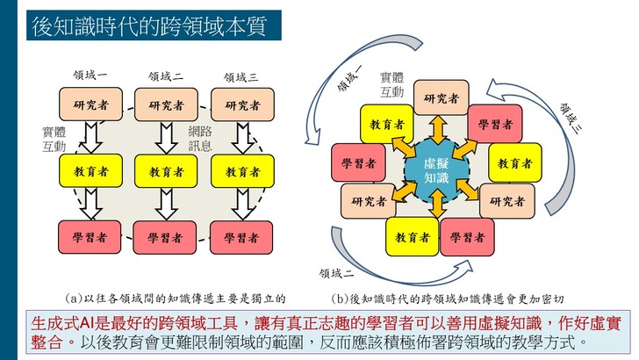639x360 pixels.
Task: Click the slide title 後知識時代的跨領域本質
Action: click(150, 25)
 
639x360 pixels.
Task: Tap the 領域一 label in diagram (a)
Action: click(90, 76)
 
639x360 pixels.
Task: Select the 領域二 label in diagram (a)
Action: click(166, 76)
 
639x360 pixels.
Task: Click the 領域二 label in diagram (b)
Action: click(337, 273)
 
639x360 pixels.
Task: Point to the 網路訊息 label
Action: click(200, 139)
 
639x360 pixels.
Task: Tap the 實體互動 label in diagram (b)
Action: click(391, 85)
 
